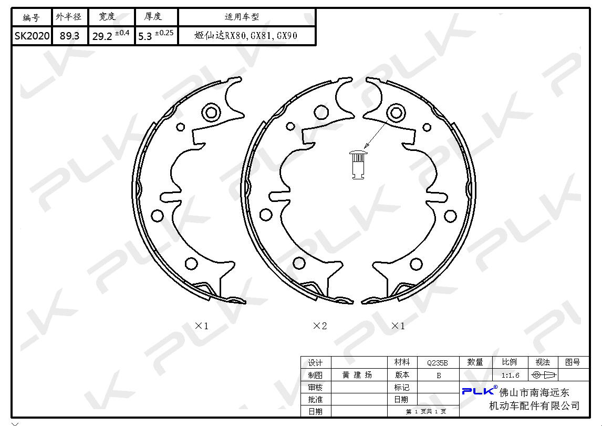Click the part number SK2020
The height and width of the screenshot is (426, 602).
pos(32,36)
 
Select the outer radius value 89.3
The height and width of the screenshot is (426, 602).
pos(69,36)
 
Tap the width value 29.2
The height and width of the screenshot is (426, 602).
pos(102,36)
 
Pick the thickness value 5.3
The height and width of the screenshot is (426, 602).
pos(145,36)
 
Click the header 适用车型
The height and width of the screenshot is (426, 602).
pos(242,17)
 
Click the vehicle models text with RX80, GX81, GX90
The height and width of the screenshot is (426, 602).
pos(246,36)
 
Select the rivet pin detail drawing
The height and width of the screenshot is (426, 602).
pos(358,165)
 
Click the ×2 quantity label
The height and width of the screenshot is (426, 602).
pos(320,326)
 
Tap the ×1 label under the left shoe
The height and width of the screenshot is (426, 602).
pos(202,326)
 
